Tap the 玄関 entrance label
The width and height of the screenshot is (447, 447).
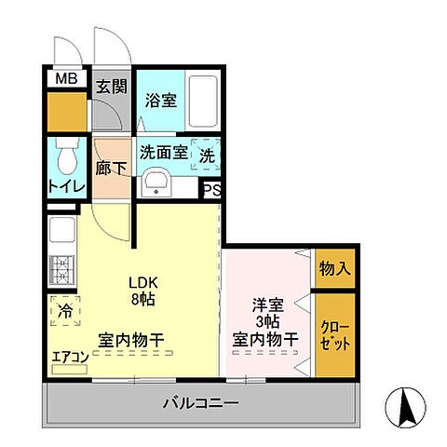point(112,87)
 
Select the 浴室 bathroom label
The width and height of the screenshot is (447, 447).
point(160,101)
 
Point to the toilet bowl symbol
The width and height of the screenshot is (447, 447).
point(66,159)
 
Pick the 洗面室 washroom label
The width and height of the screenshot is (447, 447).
point(165,154)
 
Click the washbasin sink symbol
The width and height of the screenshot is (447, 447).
point(156,183)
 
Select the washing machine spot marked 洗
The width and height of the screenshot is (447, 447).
point(208,156)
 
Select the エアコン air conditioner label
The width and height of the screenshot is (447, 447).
point(70,357)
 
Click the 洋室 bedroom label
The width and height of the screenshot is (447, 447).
point(265,305)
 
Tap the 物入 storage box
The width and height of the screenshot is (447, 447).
point(335,269)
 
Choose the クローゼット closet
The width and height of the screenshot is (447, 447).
point(335,335)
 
